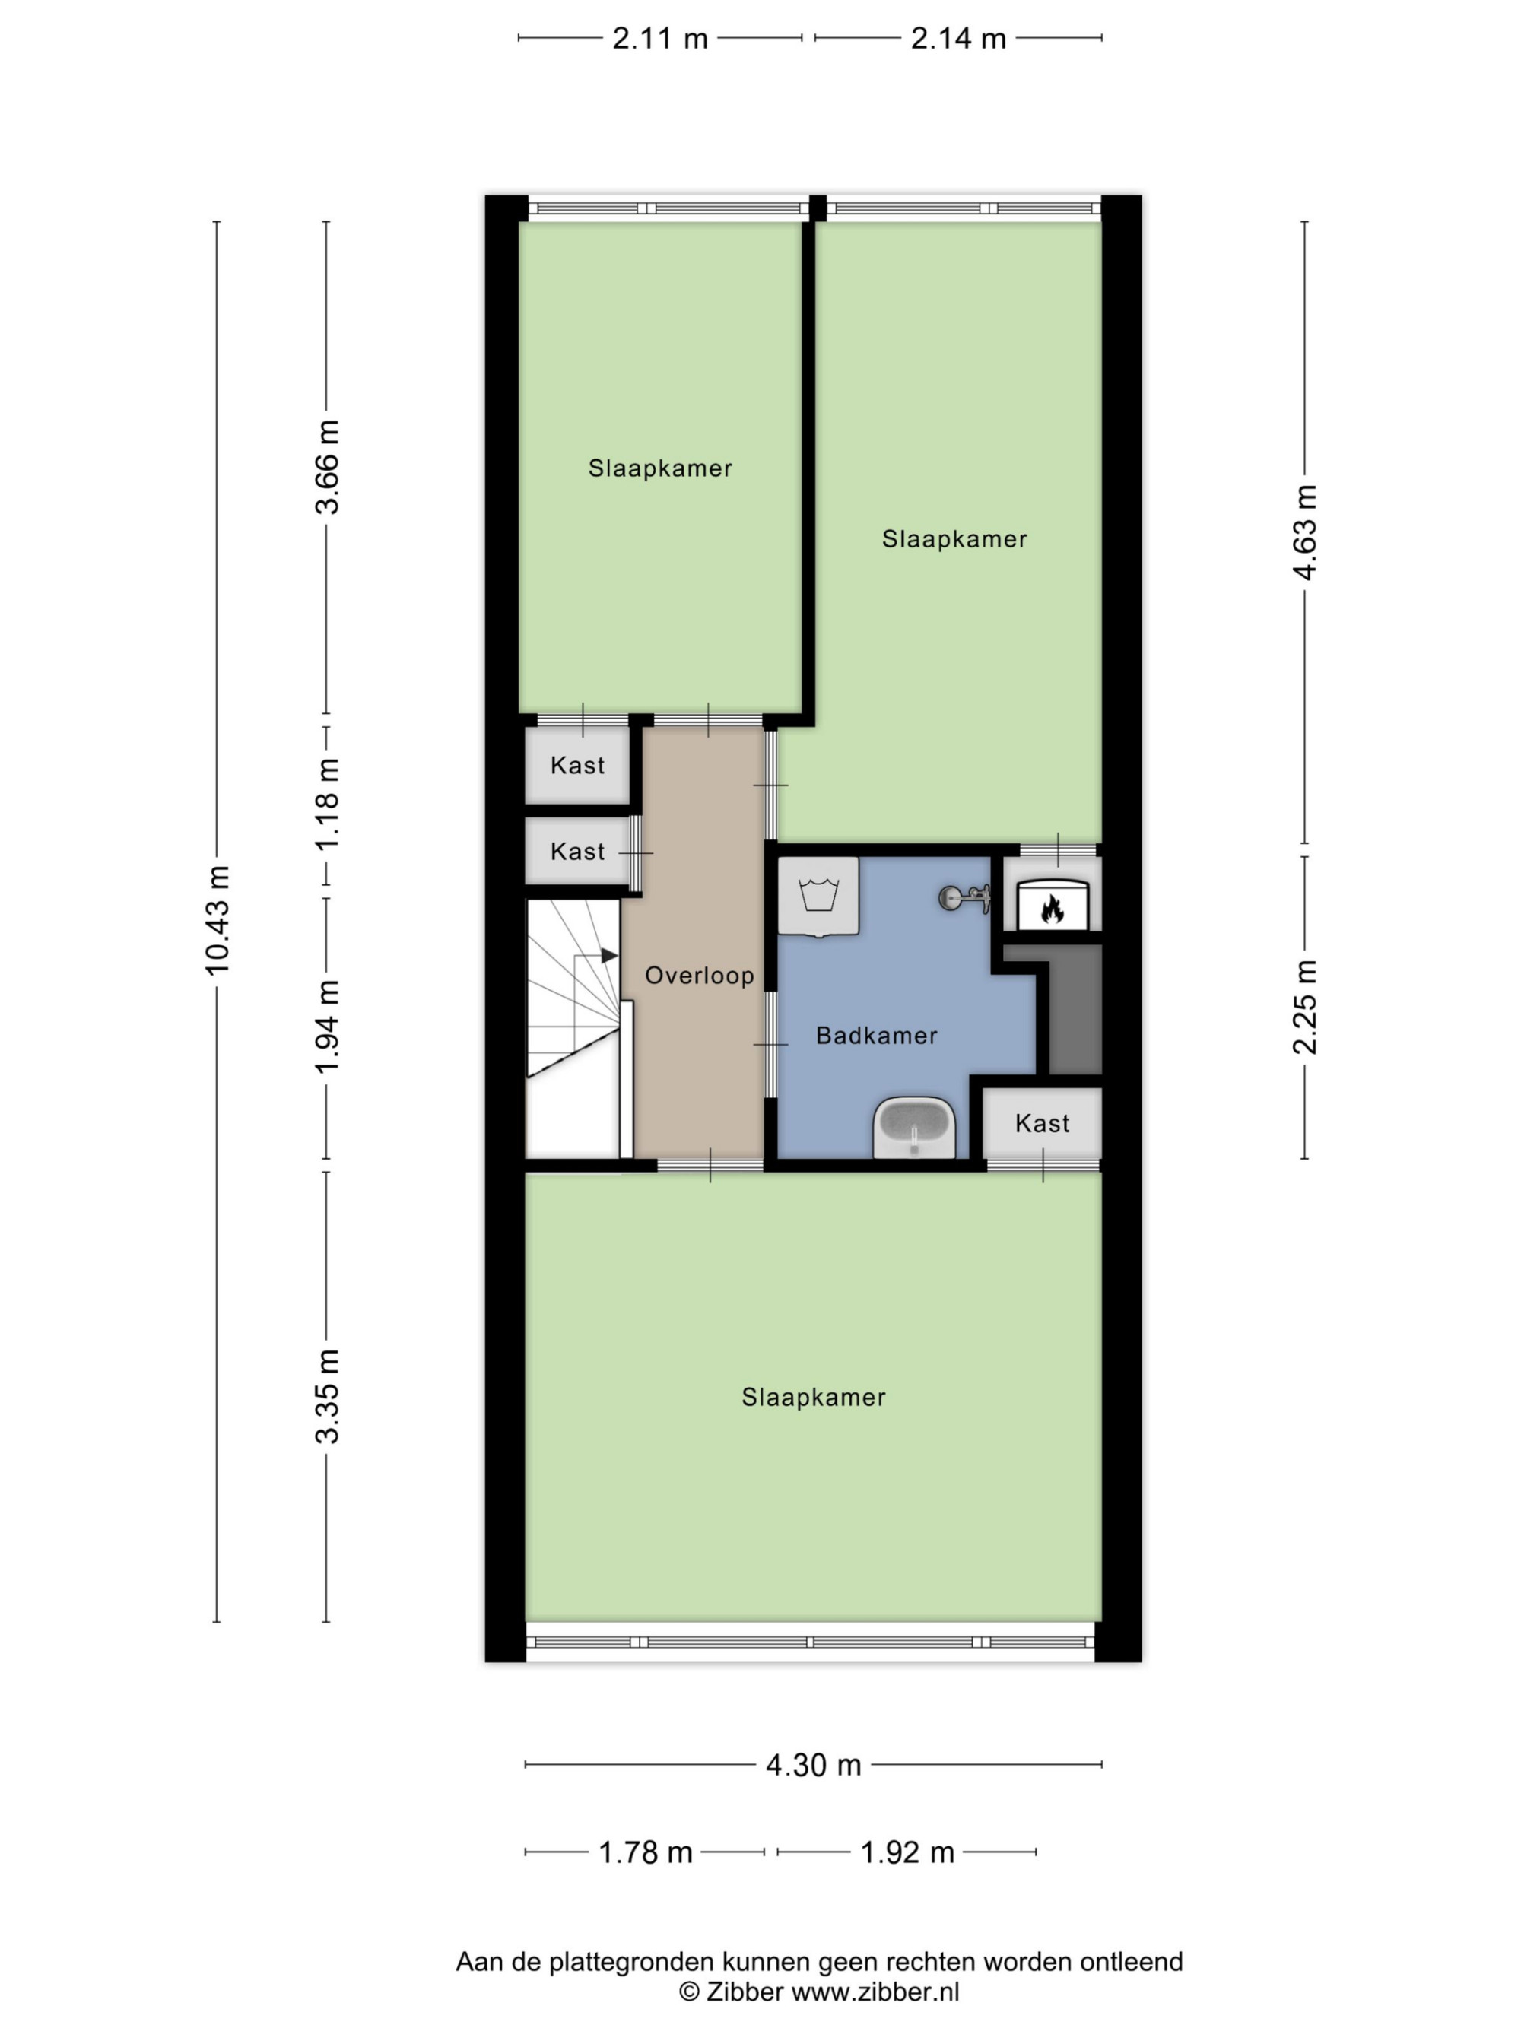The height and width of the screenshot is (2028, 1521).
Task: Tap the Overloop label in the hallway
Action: point(700,976)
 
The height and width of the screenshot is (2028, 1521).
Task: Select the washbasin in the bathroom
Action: point(914,1128)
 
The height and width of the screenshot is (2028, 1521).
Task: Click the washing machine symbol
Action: point(819,897)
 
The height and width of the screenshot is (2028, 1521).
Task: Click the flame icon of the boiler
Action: point(1052,909)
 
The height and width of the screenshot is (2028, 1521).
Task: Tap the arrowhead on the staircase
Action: point(608,955)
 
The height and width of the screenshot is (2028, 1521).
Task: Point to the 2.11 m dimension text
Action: point(660,39)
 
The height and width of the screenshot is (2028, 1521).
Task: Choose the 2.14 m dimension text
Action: point(958,39)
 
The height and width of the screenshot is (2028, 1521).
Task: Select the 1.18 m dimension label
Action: point(327,804)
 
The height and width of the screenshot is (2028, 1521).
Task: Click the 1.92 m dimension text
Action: point(907,1853)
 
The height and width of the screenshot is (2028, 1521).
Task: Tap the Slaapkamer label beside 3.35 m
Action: point(813,1397)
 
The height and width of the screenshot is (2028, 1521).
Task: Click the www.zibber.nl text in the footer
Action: point(875,1992)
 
